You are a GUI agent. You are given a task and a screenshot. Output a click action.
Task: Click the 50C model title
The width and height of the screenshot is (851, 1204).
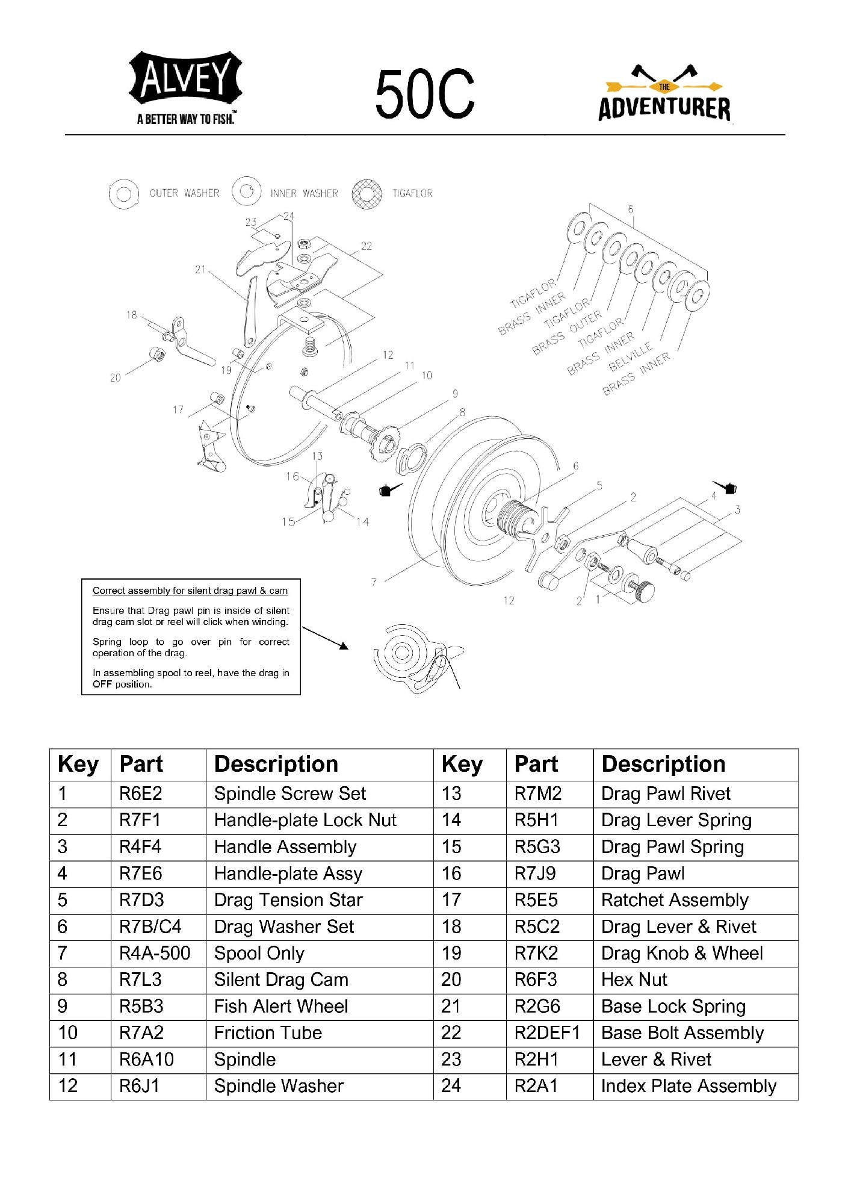click(425, 94)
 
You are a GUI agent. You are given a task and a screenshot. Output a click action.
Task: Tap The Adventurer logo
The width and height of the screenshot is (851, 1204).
click(664, 94)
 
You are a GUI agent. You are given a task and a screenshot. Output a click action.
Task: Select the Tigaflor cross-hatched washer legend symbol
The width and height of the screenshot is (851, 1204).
click(367, 194)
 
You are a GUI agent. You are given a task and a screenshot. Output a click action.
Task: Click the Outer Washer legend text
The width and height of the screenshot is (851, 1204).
click(184, 193)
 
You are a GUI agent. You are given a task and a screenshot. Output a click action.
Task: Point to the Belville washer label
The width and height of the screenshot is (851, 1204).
click(630, 356)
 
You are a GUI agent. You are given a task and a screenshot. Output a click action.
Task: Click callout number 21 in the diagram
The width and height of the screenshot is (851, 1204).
click(200, 270)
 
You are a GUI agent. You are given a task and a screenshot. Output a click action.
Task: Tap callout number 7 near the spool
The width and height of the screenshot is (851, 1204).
click(374, 582)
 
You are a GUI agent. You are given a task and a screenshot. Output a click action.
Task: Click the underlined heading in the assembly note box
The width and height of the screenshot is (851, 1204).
click(190, 591)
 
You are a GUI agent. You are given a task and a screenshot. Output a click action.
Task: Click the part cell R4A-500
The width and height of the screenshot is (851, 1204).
click(155, 953)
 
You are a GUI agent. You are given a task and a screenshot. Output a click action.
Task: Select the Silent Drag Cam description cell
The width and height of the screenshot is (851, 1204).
click(281, 979)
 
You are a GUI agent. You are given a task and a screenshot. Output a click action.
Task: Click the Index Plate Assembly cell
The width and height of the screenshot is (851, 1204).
click(689, 1086)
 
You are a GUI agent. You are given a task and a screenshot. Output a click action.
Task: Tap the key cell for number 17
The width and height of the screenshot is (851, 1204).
click(451, 900)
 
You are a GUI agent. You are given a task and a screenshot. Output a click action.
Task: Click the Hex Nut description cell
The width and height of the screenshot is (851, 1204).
click(634, 979)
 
